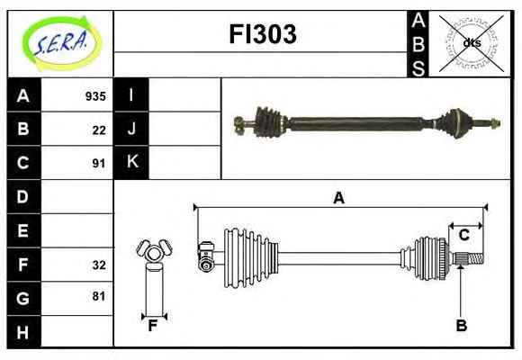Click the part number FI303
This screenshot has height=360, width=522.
point(263,34)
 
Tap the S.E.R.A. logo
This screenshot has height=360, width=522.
point(61,42)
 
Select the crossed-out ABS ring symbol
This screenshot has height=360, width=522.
point(471,43)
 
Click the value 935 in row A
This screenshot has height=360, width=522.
point(95,96)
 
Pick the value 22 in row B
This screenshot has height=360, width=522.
point(99,130)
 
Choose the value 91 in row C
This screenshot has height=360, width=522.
point(99,164)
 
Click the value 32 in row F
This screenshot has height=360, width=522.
point(99,265)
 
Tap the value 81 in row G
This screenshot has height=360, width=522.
point(99,296)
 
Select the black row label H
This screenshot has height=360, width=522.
point(23,332)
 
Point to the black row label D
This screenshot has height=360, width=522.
point(23,196)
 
